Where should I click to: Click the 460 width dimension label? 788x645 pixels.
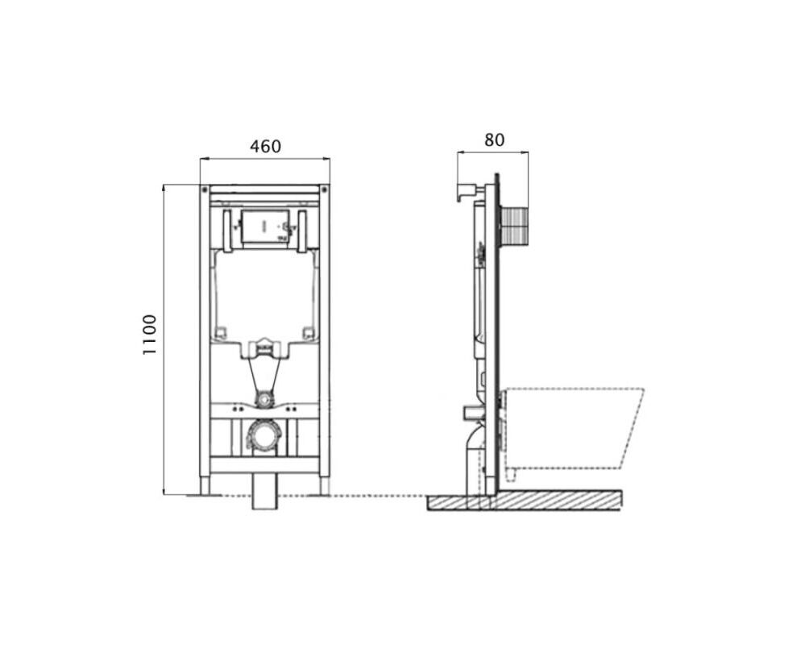tap(265, 146)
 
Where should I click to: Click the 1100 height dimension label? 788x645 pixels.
tap(149, 335)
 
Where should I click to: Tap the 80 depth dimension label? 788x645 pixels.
tap(494, 140)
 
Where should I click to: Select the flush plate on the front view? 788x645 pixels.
tap(265, 227)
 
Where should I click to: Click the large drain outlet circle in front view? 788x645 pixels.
tap(264, 435)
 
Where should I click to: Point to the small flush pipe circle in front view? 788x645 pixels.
tap(263, 400)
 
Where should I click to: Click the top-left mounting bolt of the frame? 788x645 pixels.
tap(205, 189)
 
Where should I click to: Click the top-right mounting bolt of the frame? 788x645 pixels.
tap(324, 189)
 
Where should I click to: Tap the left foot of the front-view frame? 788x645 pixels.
tap(205, 485)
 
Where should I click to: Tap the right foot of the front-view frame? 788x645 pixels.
tap(325, 485)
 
